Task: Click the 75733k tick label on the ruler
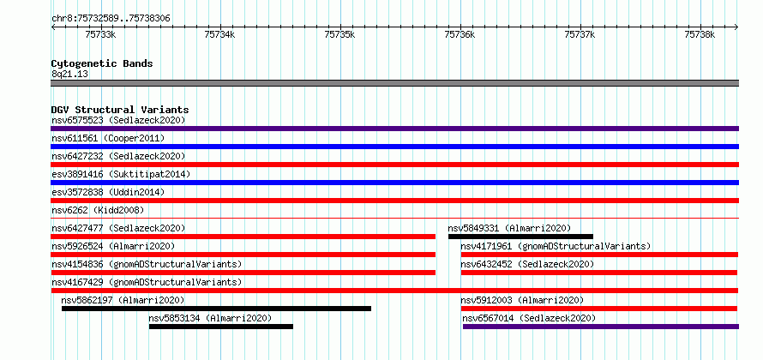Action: tap(100, 34)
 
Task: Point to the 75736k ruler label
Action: tap(460, 34)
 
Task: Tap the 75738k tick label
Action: tap(700, 34)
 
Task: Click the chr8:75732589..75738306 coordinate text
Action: tap(111, 19)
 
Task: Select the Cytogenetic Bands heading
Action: tap(102, 63)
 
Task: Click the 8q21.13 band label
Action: tap(69, 75)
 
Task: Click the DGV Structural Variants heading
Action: tap(120, 110)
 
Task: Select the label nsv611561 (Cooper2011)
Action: tap(108, 138)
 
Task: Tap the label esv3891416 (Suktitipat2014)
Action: tap(121, 174)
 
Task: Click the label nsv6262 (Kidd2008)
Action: tap(98, 210)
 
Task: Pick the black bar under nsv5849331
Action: tap(520, 237)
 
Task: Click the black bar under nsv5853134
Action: tap(221, 327)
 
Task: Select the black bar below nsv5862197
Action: tap(216, 309)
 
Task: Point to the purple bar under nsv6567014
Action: tap(600, 327)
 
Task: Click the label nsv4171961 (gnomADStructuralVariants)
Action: tap(556, 246)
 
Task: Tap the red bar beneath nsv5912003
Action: tap(599, 309)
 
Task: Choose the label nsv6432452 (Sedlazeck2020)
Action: tap(527, 264)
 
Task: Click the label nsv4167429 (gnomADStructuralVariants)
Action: tap(147, 282)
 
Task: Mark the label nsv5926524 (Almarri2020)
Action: tap(113, 246)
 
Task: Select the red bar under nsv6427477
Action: tap(243, 237)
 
